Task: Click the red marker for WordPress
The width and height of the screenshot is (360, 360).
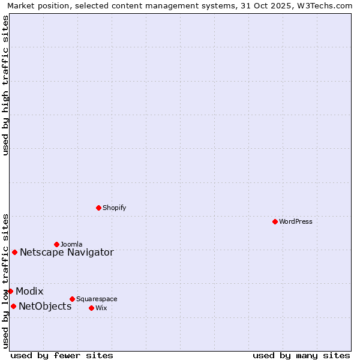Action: coord(275,221)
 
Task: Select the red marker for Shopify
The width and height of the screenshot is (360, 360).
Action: coord(98,208)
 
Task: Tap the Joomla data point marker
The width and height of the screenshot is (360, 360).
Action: coord(56,244)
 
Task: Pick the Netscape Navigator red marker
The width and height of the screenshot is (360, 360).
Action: coord(14,252)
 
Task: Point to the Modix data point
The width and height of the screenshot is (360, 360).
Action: coord(10,291)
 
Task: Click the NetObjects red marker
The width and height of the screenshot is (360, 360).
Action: coord(13,306)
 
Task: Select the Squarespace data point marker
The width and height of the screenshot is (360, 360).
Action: coord(72,299)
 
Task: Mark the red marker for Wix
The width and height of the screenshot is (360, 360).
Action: coord(91,308)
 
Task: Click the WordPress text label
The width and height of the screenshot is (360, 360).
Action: coord(296,221)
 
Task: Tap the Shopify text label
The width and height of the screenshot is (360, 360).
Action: coord(114,208)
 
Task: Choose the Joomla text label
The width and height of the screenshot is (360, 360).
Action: coord(71,244)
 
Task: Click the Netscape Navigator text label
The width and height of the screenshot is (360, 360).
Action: coord(67,252)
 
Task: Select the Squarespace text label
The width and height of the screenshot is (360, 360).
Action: coord(97,299)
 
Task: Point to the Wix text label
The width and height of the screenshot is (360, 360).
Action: coord(101,308)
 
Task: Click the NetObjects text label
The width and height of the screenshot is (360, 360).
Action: coord(45,306)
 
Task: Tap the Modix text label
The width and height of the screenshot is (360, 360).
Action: coord(29,291)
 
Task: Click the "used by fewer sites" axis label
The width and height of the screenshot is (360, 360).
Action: coord(62,355)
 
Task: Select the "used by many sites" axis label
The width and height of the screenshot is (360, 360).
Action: coord(301,355)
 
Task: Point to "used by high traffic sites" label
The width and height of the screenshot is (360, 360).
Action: coord(6,85)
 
